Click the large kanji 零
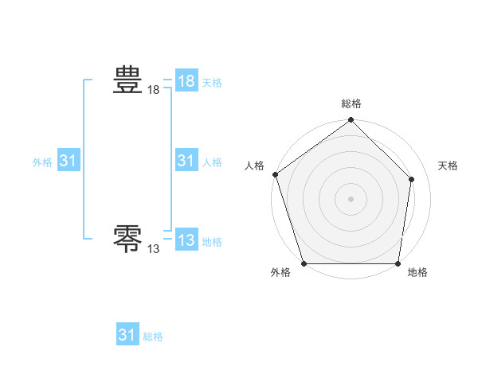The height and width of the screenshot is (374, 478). (127, 238)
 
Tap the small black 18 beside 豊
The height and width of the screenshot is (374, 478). (154, 92)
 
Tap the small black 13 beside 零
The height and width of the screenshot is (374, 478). (154, 249)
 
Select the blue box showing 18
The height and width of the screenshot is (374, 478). (186, 80)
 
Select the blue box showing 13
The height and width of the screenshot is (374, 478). (186, 239)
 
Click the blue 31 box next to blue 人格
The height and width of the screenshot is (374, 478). (186, 161)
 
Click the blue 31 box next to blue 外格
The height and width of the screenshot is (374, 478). (69, 161)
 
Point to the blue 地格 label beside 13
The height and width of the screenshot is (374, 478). (213, 242)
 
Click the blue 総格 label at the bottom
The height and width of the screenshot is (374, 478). (153, 337)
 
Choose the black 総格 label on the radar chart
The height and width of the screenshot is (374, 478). (351, 104)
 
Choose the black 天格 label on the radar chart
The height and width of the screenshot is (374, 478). (449, 166)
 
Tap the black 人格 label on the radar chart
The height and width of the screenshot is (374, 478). (255, 166)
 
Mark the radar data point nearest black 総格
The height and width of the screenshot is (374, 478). (351, 121)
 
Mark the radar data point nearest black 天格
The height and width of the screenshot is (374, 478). (412, 179)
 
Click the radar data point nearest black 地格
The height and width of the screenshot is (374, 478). (398, 263)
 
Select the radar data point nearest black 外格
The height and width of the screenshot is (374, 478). (304, 263)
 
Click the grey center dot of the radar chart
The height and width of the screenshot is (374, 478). (351, 199)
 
